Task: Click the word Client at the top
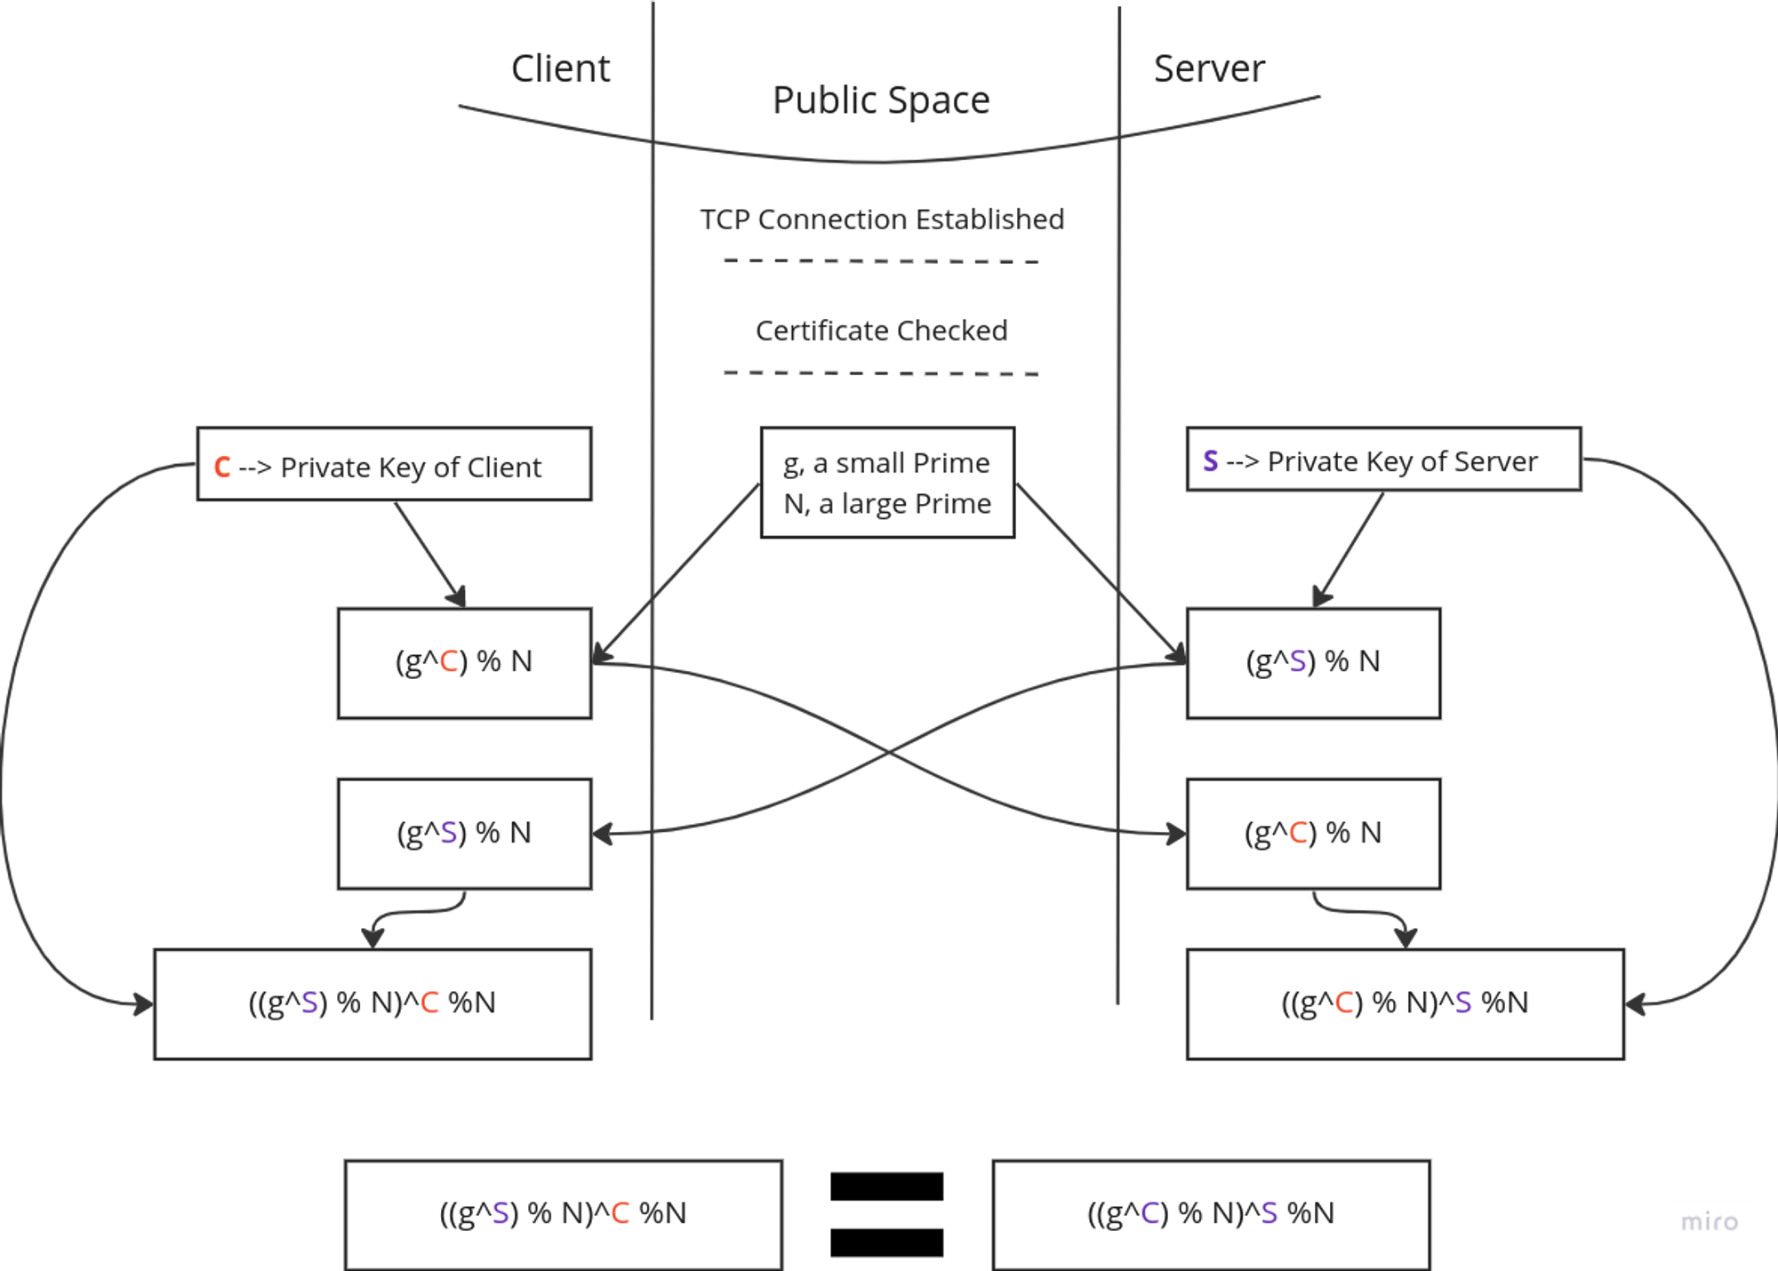pyautogui.click(x=561, y=69)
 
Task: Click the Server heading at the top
pyautogui.click(x=1209, y=69)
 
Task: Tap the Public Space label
pyautogui.click(x=880, y=100)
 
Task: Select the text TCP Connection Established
pyautogui.click(x=881, y=220)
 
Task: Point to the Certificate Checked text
pyautogui.click(x=881, y=331)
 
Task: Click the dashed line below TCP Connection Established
pyautogui.click(x=881, y=261)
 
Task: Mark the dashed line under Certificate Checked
pyautogui.click(x=881, y=373)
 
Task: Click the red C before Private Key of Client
pyautogui.click(x=222, y=467)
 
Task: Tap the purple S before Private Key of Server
pyautogui.click(x=1211, y=460)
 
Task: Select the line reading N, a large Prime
pyautogui.click(x=887, y=504)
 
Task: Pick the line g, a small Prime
pyautogui.click(x=887, y=463)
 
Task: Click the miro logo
pyautogui.click(x=1709, y=1221)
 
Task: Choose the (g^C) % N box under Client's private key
pyautogui.click(x=464, y=662)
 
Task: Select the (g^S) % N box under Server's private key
pyautogui.click(x=1314, y=662)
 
